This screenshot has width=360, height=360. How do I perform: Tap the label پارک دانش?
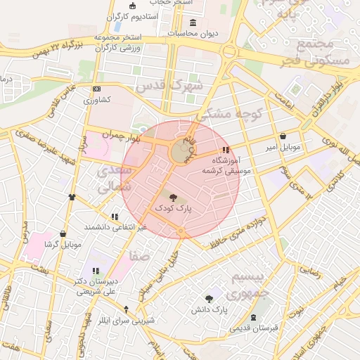(210, 309)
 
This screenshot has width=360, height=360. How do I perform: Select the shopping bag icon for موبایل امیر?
(283, 136)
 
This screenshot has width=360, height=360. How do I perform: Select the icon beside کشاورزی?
(97, 89)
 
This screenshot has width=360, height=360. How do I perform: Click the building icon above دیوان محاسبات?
(193, 22)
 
